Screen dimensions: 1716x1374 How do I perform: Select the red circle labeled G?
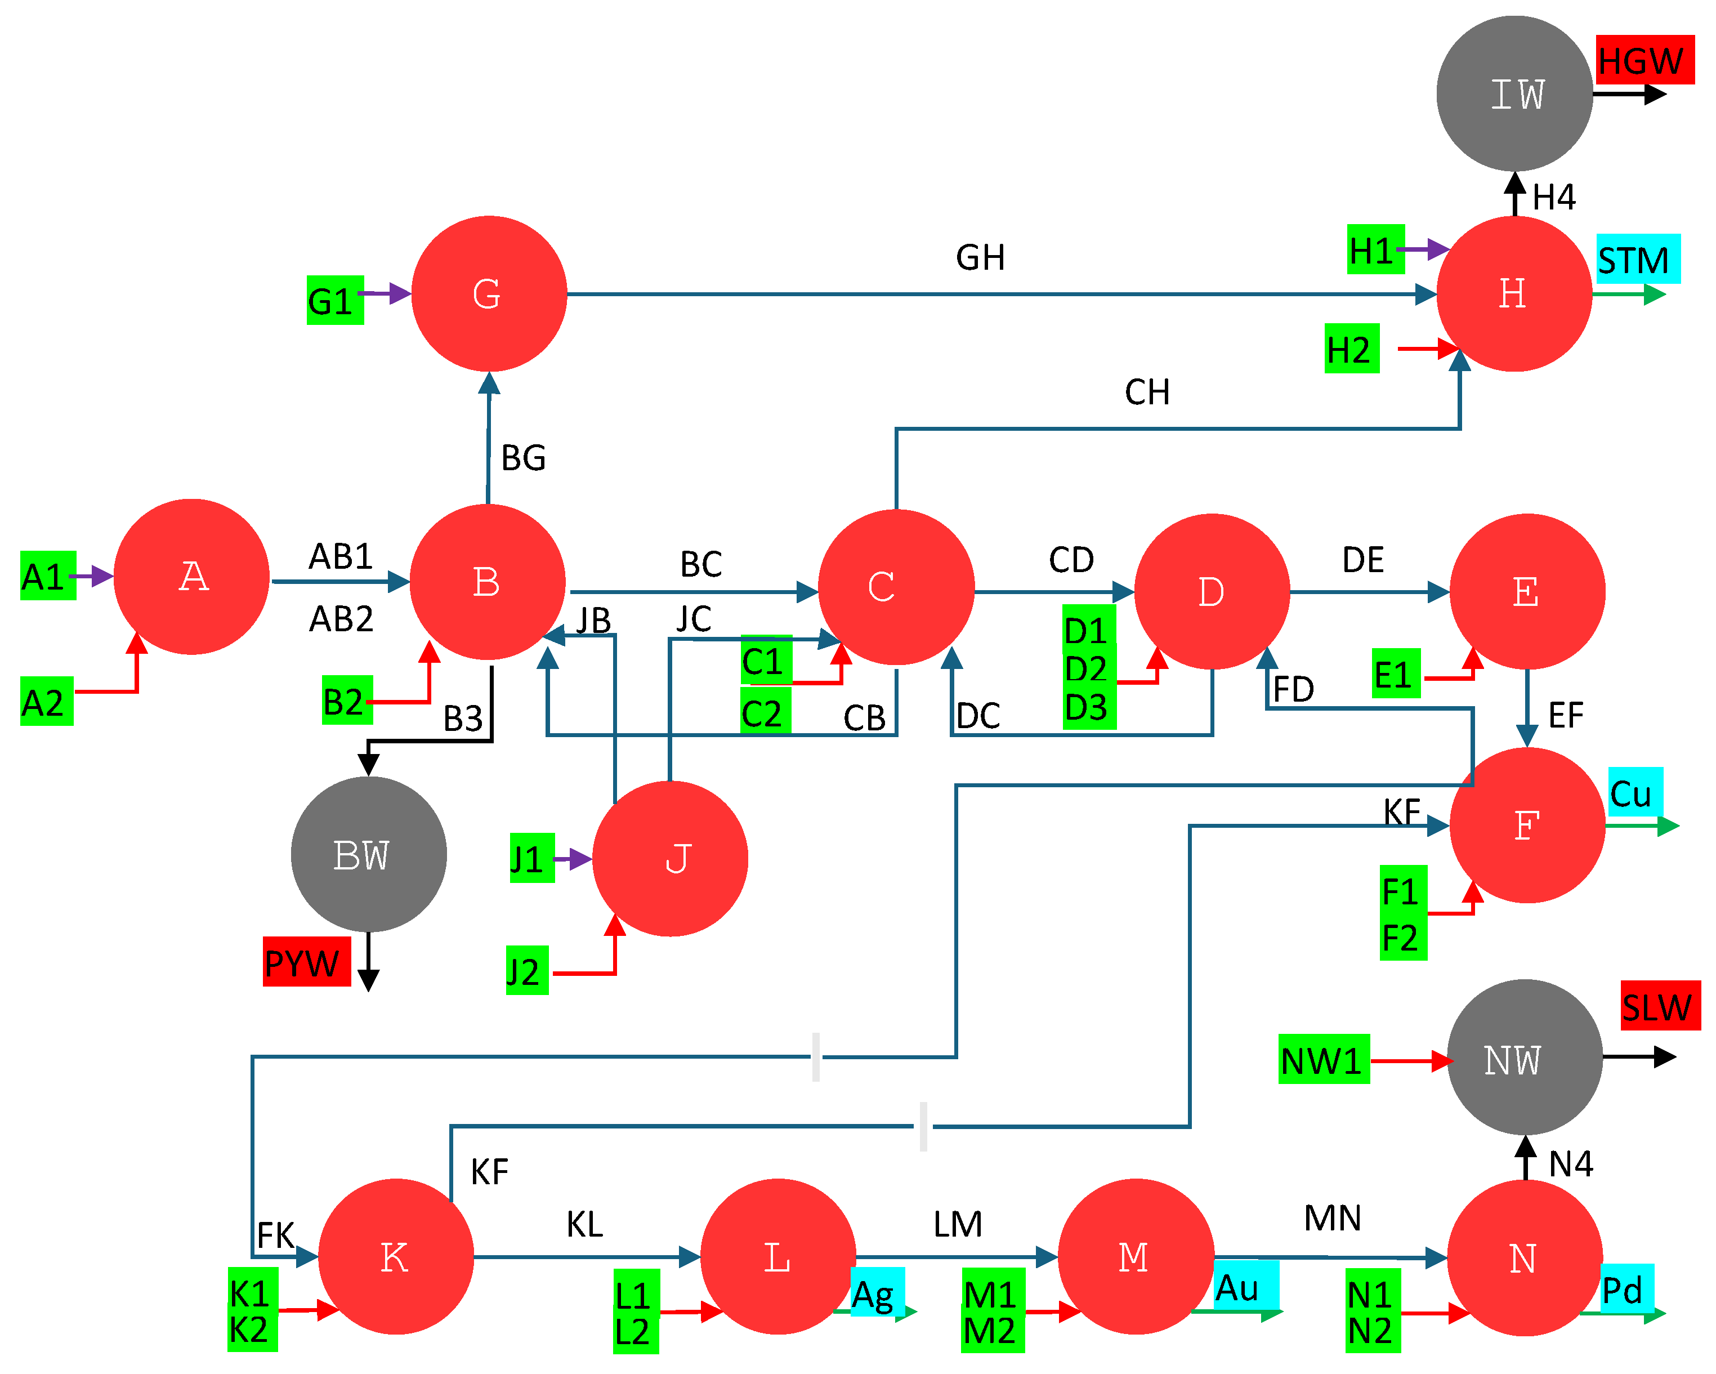click(x=489, y=294)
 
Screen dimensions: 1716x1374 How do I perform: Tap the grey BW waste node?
click(x=369, y=854)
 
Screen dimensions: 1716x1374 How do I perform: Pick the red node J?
click(x=670, y=858)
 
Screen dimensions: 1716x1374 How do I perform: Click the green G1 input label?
click(x=335, y=300)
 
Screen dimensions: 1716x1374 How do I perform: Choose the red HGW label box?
click(x=1645, y=60)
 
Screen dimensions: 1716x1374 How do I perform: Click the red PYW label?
click(x=306, y=962)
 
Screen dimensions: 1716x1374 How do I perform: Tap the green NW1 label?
click(x=1324, y=1059)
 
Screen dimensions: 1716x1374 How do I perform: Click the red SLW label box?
click(x=1661, y=1005)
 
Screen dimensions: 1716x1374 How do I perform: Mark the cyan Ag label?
click(x=877, y=1291)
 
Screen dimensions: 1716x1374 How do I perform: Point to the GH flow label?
click(x=981, y=257)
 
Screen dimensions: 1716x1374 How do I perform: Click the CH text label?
click(x=1147, y=392)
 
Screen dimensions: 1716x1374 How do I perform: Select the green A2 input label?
click(x=47, y=701)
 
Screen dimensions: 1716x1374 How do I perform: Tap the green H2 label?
click(x=1352, y=348)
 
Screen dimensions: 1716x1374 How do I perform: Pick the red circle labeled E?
click(x=1527, y=591)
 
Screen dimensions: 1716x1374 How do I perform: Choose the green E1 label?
click(x=1396, y=673)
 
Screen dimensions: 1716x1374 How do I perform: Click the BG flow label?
click(x=524, y=458)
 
